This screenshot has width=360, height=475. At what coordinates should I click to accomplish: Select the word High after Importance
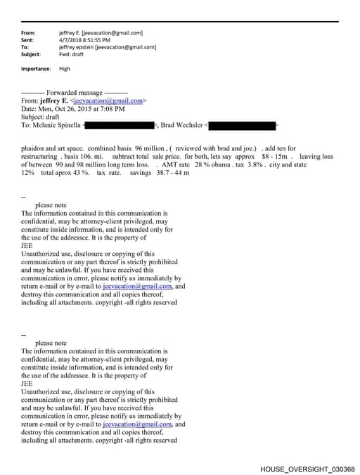point(65,69)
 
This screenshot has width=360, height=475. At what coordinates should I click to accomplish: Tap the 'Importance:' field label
point(36,69)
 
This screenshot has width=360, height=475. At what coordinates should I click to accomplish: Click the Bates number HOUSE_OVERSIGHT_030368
point(307,469)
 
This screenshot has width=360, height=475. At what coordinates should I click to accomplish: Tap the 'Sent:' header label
point(28,40)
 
